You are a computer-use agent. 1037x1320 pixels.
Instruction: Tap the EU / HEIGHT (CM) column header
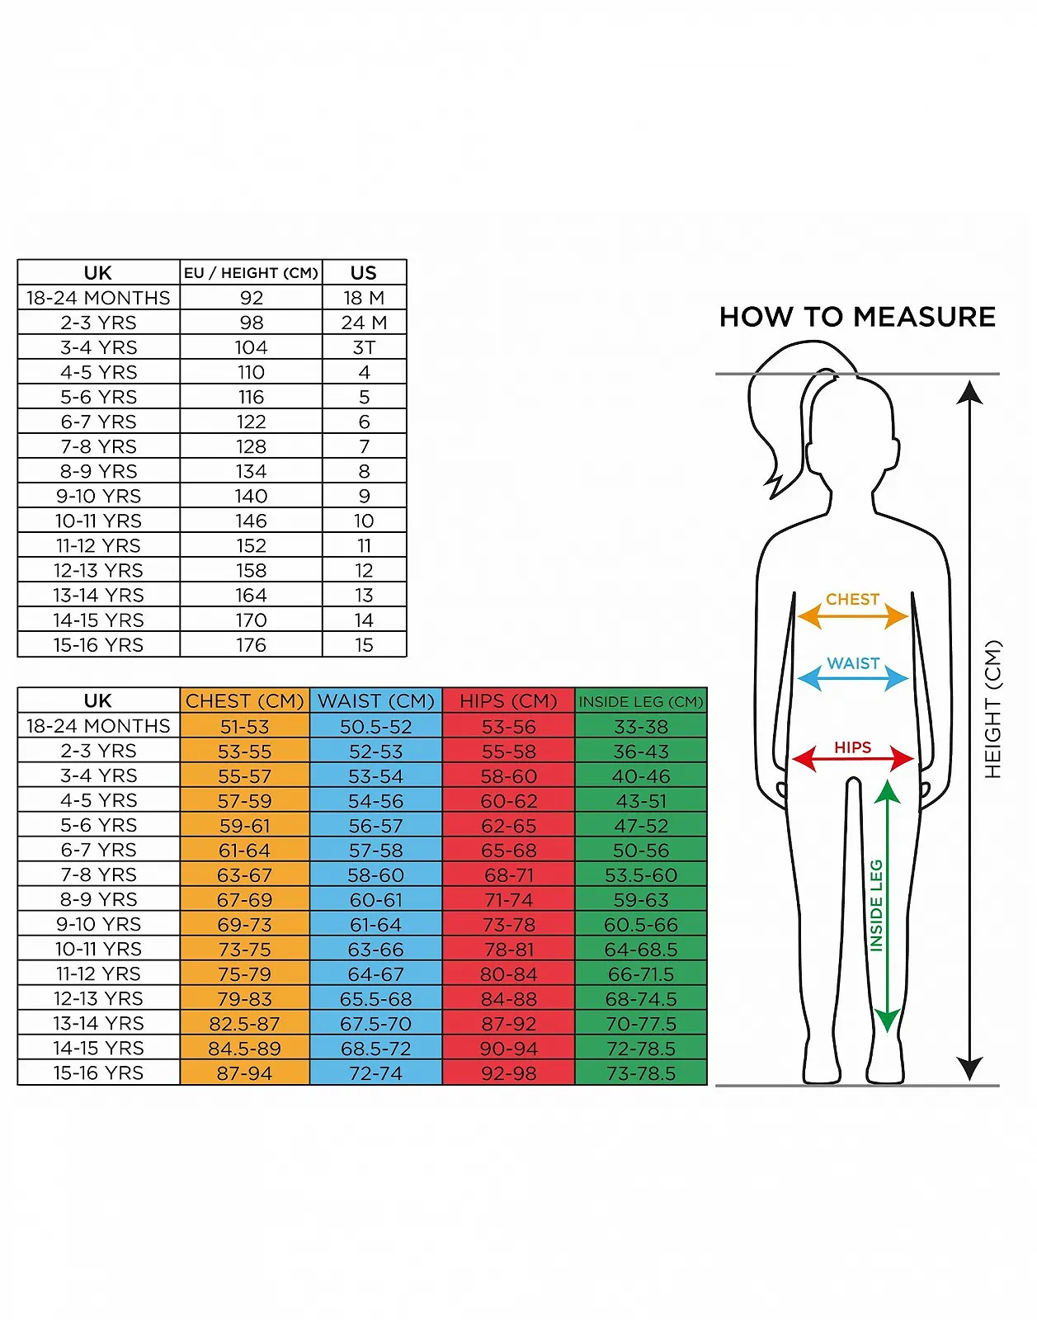point(251,273)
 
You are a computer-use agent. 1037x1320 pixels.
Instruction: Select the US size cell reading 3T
point(364,347)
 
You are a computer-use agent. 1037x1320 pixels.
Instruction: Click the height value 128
point(251,446)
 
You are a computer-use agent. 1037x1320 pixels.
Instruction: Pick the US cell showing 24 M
point(364,323)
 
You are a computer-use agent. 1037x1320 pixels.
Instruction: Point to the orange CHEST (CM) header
point(245,701)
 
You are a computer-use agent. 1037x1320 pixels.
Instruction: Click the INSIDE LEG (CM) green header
point(640,701)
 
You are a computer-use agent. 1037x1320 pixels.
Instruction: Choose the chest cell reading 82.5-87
point(245,1024)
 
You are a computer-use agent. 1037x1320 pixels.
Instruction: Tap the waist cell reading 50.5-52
point(376,727)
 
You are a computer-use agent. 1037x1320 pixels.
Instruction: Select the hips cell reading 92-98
point(509,1073)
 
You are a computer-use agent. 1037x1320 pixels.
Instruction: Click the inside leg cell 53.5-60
point(640,874)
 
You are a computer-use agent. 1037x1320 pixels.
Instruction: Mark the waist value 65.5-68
point(376,998)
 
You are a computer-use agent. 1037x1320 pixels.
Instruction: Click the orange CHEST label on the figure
point(852,600)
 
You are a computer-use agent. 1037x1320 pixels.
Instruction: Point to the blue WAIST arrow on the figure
point(852,678)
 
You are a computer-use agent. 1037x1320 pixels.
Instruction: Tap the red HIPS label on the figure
point(852,747)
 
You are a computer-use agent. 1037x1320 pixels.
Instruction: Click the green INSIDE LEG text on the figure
point(876,905)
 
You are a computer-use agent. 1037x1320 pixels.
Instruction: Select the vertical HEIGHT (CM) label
point(992,709)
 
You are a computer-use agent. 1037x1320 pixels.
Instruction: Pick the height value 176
point(251,644)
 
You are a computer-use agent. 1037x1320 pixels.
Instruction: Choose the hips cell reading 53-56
point(509,727)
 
